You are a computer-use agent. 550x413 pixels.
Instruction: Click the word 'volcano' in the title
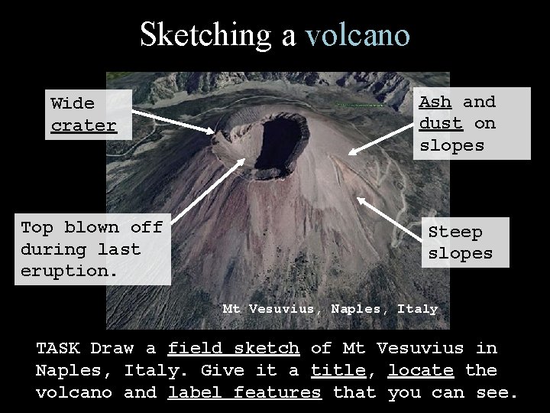(x=357, y=35)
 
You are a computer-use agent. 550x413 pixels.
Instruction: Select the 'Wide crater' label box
(x=84, y=114)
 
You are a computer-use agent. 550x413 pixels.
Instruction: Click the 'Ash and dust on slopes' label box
(x=471, y=123)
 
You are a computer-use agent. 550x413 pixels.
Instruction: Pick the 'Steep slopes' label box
(x=464, y=242)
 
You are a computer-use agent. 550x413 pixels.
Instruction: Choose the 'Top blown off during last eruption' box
(x=92, y=249)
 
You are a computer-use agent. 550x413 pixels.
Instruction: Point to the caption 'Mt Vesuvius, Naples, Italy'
(x=330, y=309)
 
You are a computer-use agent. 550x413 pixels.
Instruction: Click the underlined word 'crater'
(x=83, y=125)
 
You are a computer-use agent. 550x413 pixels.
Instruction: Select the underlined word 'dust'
(x=441, y=123)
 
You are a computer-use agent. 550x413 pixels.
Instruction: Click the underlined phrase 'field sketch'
(x=233, y=349)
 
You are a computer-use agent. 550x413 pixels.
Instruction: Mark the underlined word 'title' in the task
(x=338, y=371)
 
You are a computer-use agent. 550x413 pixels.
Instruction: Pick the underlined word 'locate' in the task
(x=420, y=371)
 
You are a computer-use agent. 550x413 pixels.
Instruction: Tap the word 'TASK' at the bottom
(x=58, y=349)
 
